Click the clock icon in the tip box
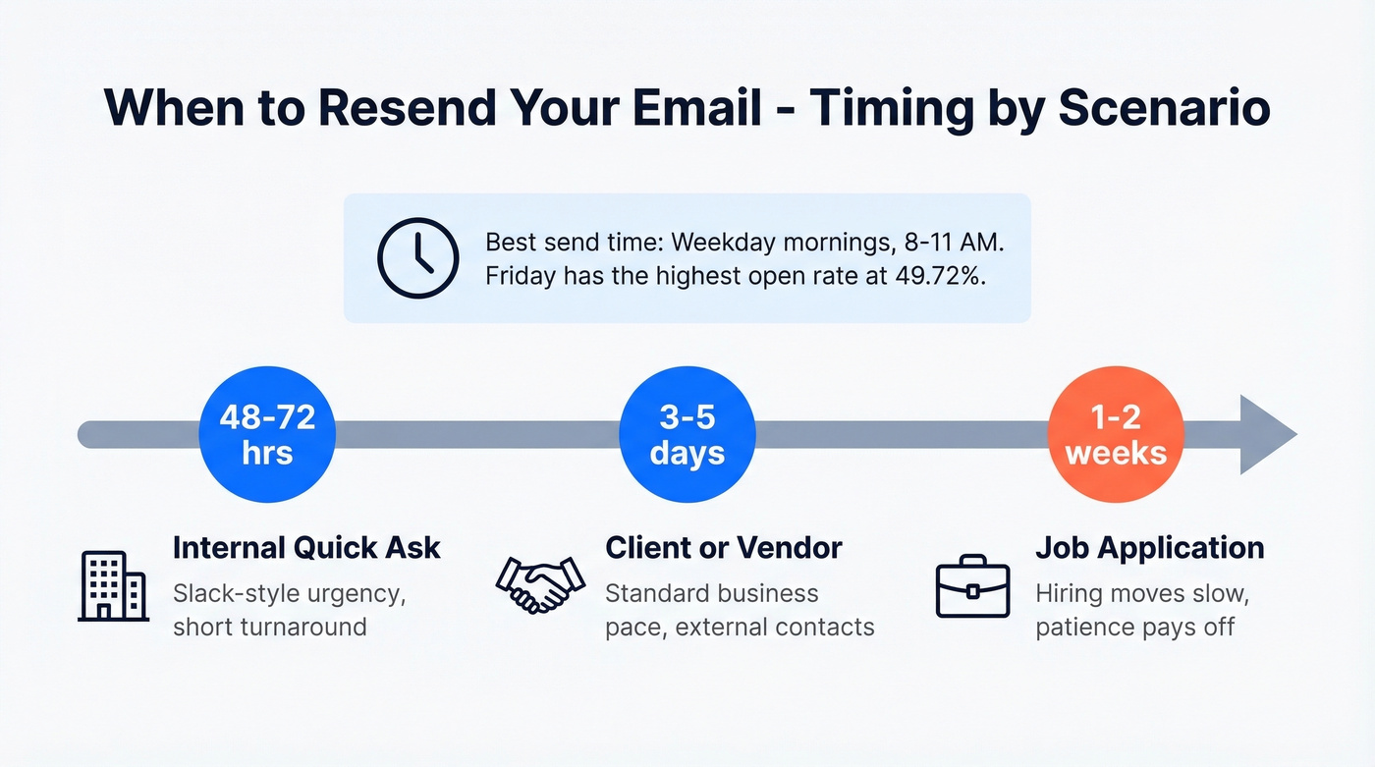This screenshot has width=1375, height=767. point(417,257)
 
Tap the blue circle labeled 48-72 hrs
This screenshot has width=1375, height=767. point(267,434)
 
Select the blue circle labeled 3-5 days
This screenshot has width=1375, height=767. point(687,434)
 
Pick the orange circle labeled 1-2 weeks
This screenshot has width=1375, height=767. point(1116,434)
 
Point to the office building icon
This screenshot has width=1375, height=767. point(113,585)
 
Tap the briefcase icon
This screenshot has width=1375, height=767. point(972,586)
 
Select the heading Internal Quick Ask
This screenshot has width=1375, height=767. point(306,547)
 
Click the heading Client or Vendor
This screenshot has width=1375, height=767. point(724,547)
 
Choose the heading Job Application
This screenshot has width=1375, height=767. point(1150,547)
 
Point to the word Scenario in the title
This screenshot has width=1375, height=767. point(1164,109)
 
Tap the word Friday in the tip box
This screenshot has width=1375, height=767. point(521,276)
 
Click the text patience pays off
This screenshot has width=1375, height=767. point(1134,627)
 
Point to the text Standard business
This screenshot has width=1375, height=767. point(712,593)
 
